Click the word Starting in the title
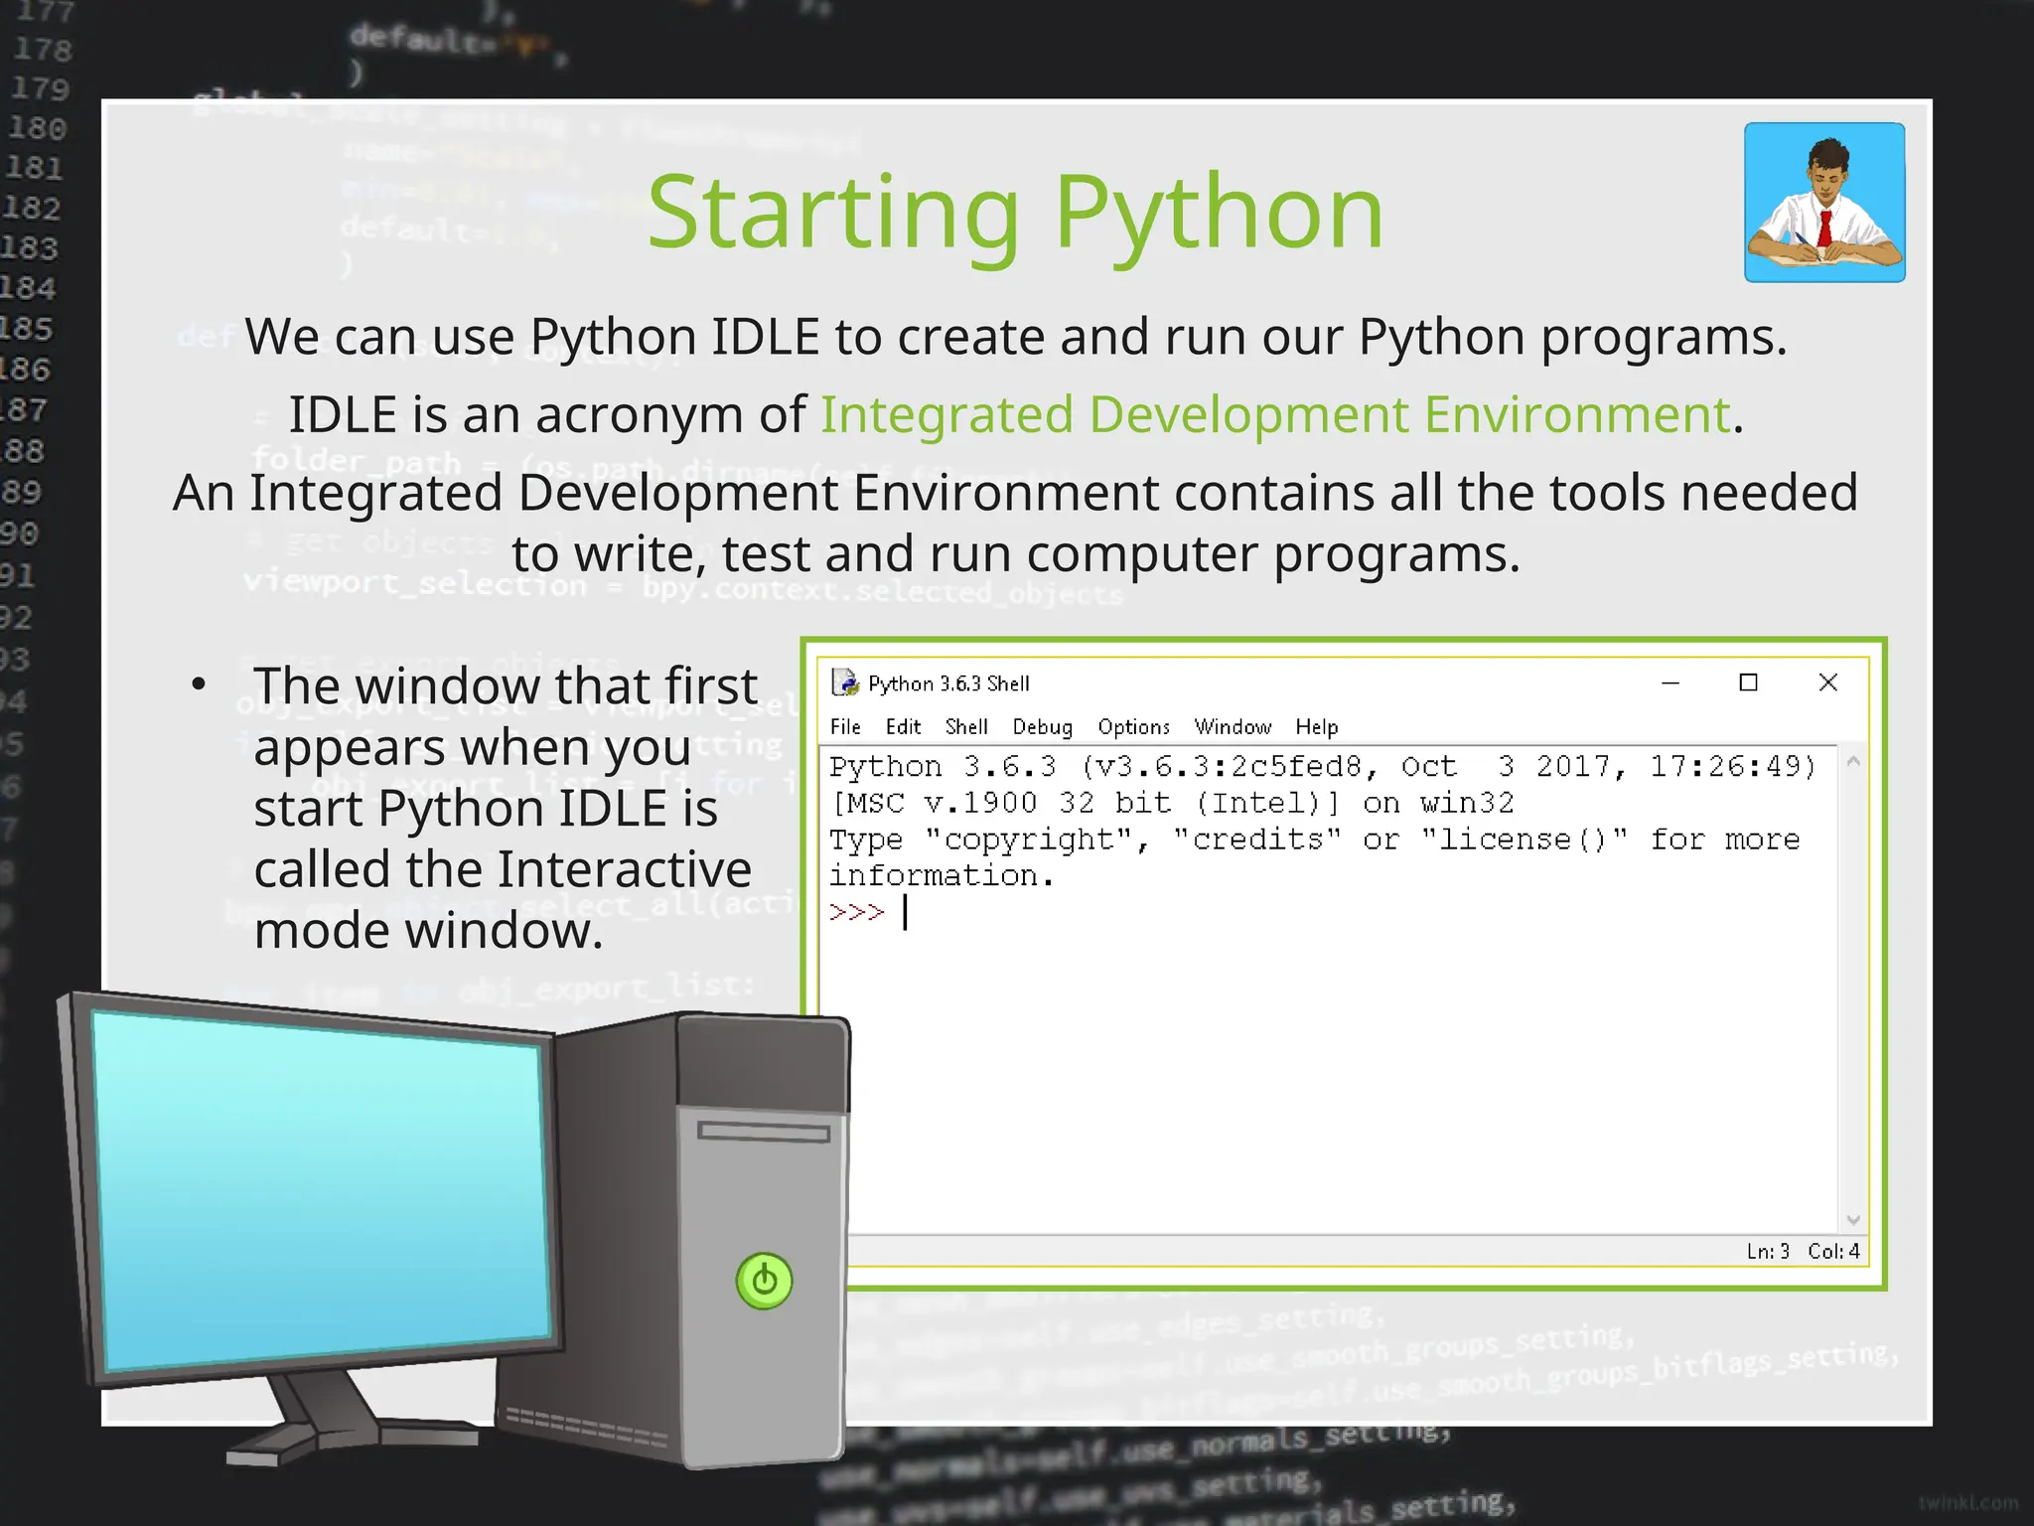coord(832,213)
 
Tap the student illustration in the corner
coord(1824,203)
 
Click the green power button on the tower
coord(764,1281)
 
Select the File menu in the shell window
coord(845,727)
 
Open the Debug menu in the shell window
coord(1042,727)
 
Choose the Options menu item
coord(1133,727)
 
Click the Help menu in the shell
coord(1316,727)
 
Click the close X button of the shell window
coord(1827,683)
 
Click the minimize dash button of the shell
coord(1671,684)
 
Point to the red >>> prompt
coord(856,912)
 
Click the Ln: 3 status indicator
coord(1768,1252)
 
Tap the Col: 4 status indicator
coord(1833,1252)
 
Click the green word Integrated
coord(946,415)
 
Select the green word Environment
coord(1577,415)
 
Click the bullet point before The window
coord(199,685)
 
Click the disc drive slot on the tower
coord(763,1132)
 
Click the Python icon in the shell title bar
coord(845,683)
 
